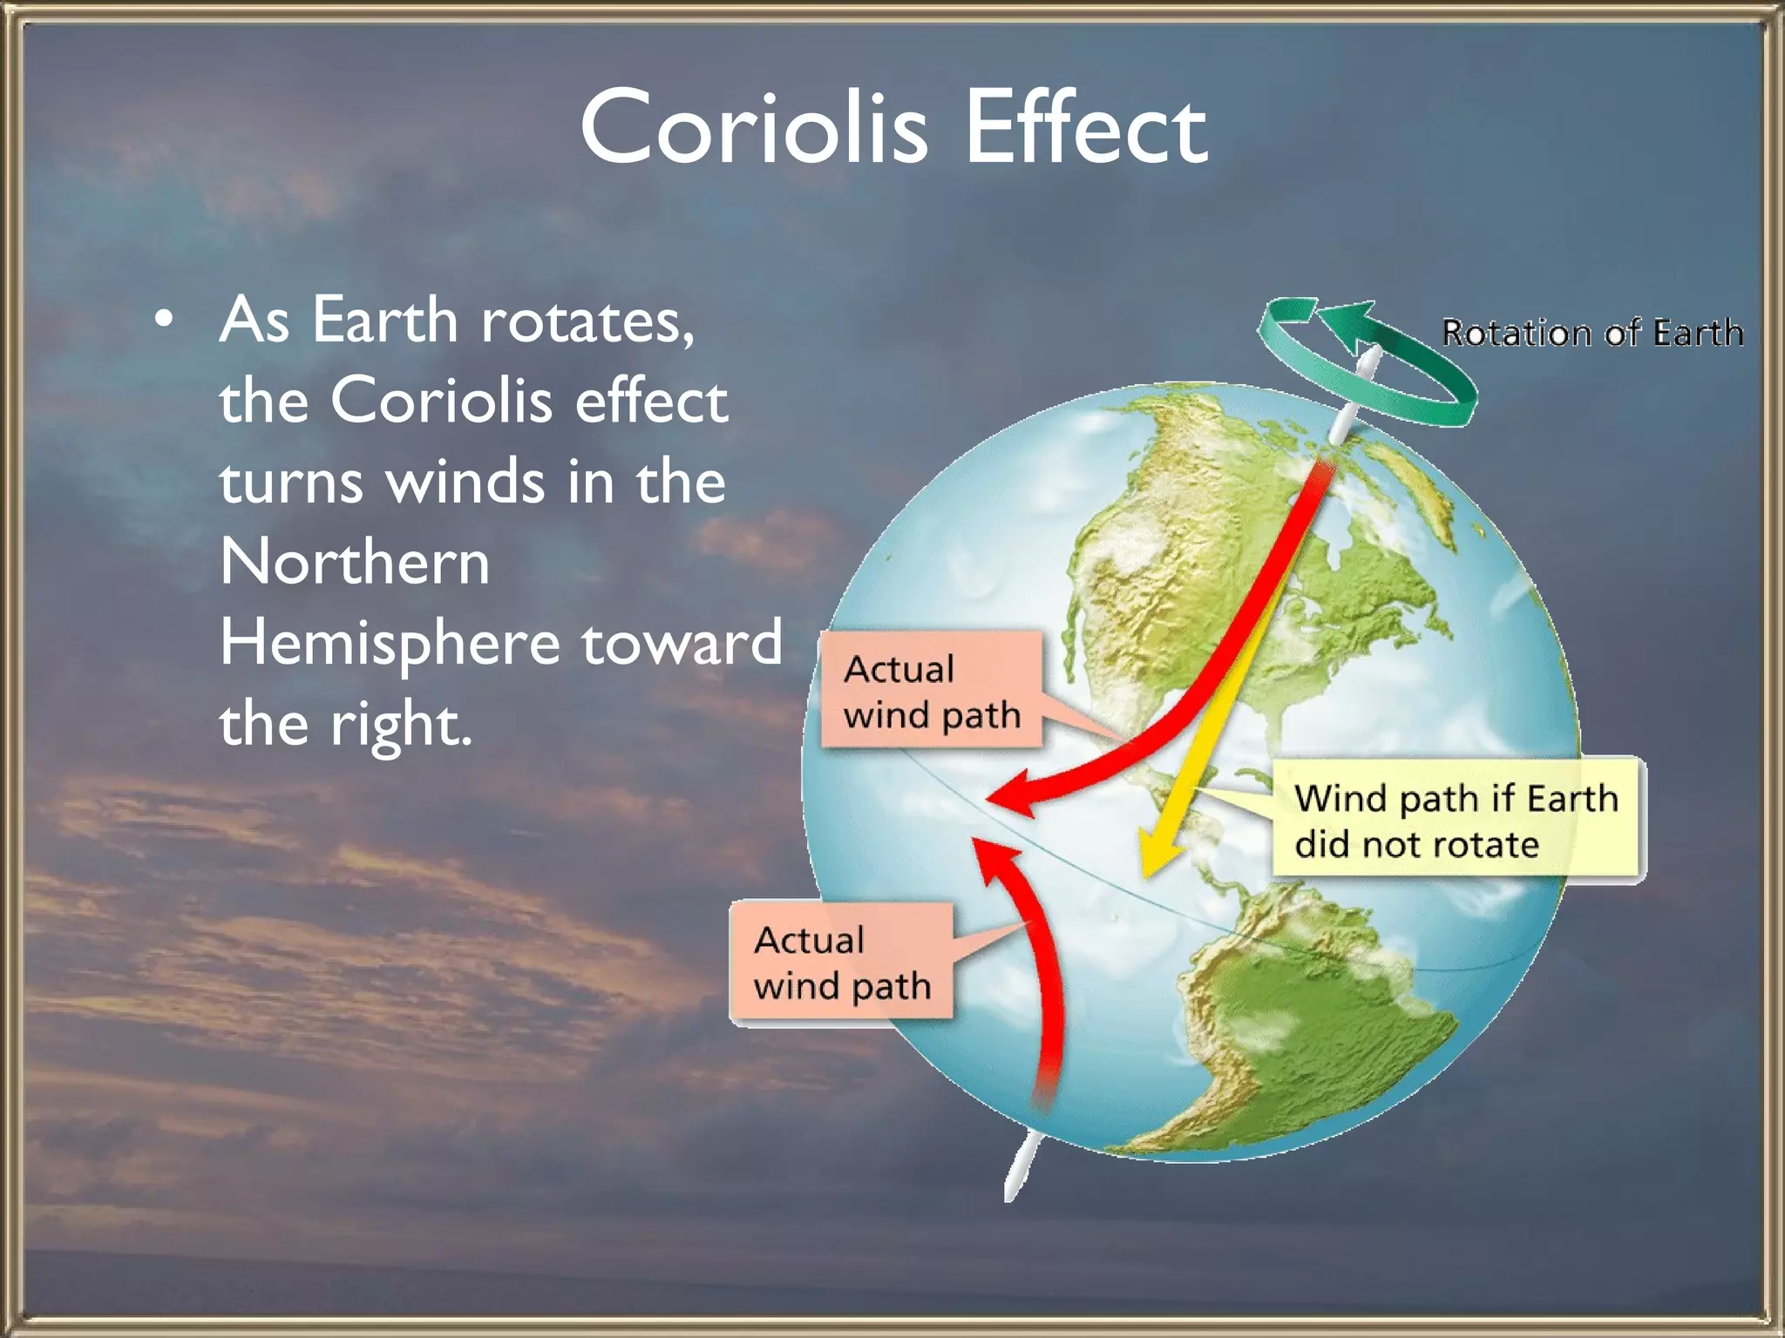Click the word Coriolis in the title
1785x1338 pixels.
pyautogui.click(x=754, y=128)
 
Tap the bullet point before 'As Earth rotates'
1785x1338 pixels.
pyautogui.click(x=163, y=321)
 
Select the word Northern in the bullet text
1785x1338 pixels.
pyautogui.click(x=355, y=562)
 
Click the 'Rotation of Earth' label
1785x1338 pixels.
pyautogui.click(x=1592, y=333)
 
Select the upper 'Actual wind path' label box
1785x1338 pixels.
pyautogui.click(x=931, y=691)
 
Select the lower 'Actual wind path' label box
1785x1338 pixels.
pyautogui.click(x=841, y=963)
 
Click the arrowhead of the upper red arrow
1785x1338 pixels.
pyautogui.click(x=1011, y=794)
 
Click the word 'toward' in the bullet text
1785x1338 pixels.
pyautogui.click(x=682, y=643)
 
